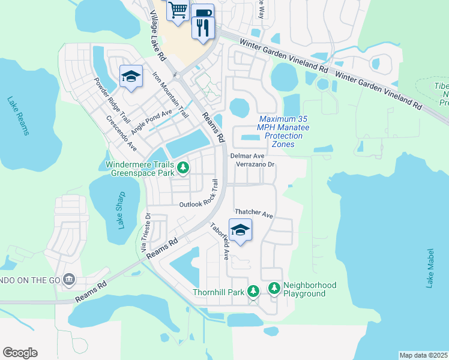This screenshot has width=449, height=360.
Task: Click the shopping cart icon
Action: pyautogui.click(x=178, y=10)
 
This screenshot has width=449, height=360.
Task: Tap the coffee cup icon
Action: pyautogui.click(x=203, y=13)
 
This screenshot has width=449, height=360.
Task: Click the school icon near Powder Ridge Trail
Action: pyautogui.click(x=131, y=76)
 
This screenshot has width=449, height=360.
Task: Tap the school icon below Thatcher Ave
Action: pyautogui.click(x=240, y=230)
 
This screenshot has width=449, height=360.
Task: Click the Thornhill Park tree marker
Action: pyautogui.click(x=253, y=290)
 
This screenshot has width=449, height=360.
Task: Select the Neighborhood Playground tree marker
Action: pyautogui.click(x=274, y=289)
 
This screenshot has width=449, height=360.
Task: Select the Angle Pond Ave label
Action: pyautogui.click(x=151, y=121)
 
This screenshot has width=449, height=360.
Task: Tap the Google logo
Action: pyautogui.click(x=20, y=352)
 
